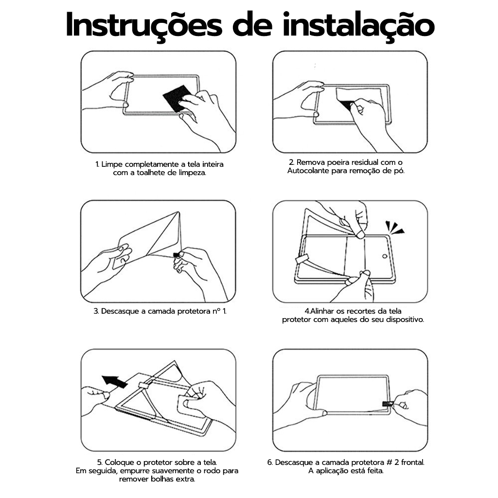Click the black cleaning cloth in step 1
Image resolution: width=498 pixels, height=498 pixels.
pyautogui.click(x=178, y=98)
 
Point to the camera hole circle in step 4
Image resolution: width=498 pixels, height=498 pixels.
pyautogui.click(x=385, y=256)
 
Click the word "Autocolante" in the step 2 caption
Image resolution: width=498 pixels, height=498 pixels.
pyautogui.click(x=308, y=171)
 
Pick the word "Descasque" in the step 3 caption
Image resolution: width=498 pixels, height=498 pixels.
pyautogui.click(x=121, y=312)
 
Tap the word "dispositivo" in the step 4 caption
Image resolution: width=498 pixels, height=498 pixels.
pyautogui.click(x=404, y=320)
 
